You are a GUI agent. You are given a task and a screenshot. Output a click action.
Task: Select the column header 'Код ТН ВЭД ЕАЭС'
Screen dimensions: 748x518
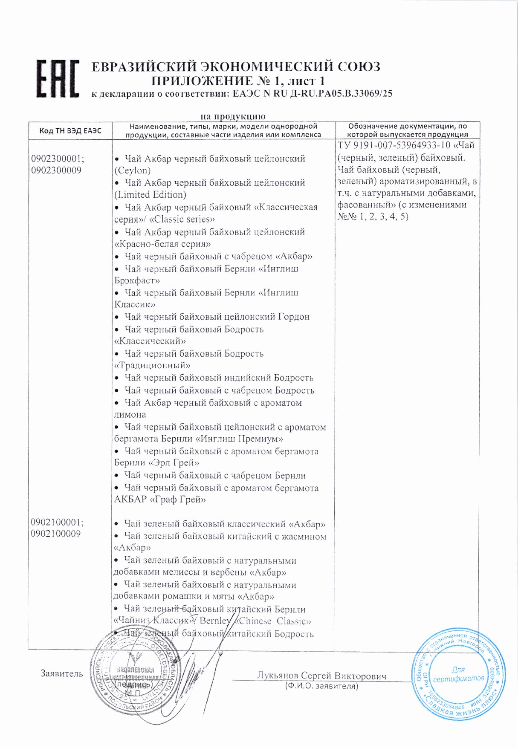point(70,131)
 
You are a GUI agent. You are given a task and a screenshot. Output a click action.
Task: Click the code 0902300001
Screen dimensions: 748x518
point(57,159)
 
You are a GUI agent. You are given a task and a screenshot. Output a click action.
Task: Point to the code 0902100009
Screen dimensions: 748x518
point(55,534)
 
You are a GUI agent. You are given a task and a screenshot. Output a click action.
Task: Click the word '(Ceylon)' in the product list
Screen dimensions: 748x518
point(133,170)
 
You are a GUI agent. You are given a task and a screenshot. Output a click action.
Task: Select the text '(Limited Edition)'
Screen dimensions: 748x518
point(150,195)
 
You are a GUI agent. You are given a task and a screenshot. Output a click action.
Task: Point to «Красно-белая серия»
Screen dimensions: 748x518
point(162,244)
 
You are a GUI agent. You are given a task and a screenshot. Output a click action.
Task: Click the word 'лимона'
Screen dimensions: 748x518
point(130,414)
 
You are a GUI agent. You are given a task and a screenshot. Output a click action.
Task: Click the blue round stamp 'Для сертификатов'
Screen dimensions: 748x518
point(458,674)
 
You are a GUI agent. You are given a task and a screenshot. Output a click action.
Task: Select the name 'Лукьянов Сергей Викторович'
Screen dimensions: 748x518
point(321,676)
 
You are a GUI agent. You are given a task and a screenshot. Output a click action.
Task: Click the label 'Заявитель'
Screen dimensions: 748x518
point(62,674)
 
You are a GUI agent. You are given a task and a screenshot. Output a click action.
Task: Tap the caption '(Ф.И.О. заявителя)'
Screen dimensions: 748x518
point(321,686)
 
